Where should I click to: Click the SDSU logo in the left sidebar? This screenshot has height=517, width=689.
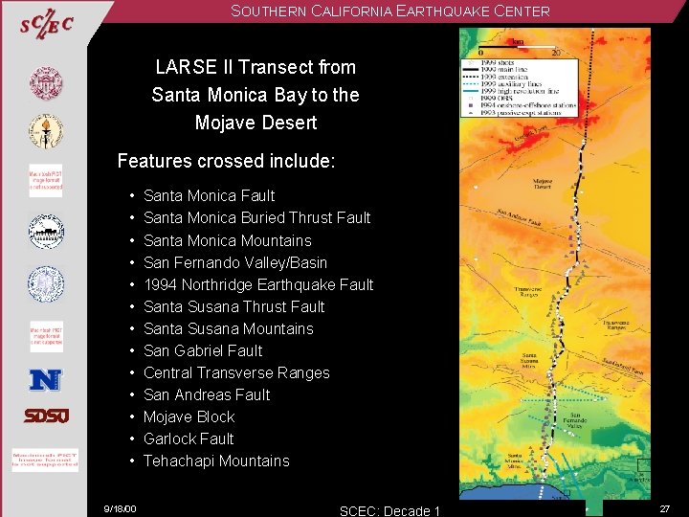point(45,416)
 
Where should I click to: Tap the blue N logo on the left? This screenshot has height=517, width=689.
point(45,380)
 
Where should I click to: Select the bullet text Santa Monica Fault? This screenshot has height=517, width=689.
point(209,196)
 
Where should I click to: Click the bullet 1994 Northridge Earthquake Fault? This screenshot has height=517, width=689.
point(257,285)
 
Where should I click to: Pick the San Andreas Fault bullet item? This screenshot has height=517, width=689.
point(206,395)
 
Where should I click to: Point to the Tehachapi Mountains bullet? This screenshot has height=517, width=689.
point(215,461)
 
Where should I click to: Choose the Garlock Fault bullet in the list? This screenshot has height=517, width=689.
point(188,439)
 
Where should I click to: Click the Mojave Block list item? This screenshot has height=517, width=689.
point(189,417)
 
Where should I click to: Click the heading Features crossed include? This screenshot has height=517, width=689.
point(226,161)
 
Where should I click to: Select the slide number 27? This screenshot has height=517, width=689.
point(664,509)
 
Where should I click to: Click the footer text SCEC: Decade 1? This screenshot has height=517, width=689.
point(389,510)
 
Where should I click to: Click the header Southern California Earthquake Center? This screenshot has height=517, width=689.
point(389,11)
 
